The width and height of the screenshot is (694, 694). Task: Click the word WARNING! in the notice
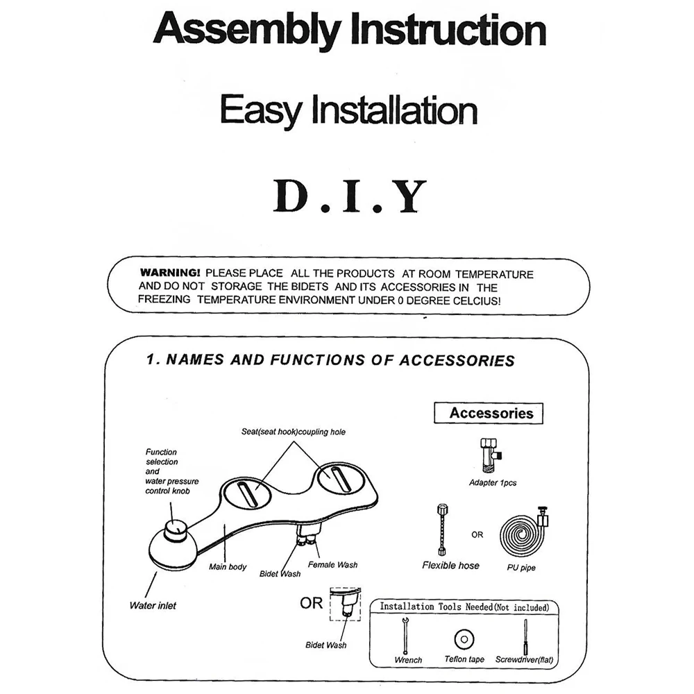click(170, 273)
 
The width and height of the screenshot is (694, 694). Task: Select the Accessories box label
click(491, 414)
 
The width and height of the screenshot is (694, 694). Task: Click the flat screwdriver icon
click(525, 634)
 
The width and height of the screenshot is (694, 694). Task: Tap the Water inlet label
click(153, 606)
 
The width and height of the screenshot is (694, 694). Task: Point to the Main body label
click(228, 567)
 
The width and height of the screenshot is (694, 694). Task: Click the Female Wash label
click(332, 565)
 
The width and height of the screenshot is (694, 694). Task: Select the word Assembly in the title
click(246, 31)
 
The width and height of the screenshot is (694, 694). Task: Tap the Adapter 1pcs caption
click(492, 483)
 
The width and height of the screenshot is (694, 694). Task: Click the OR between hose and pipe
click(477, 535)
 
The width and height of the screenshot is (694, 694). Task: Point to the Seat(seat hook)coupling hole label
click(293, 432)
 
